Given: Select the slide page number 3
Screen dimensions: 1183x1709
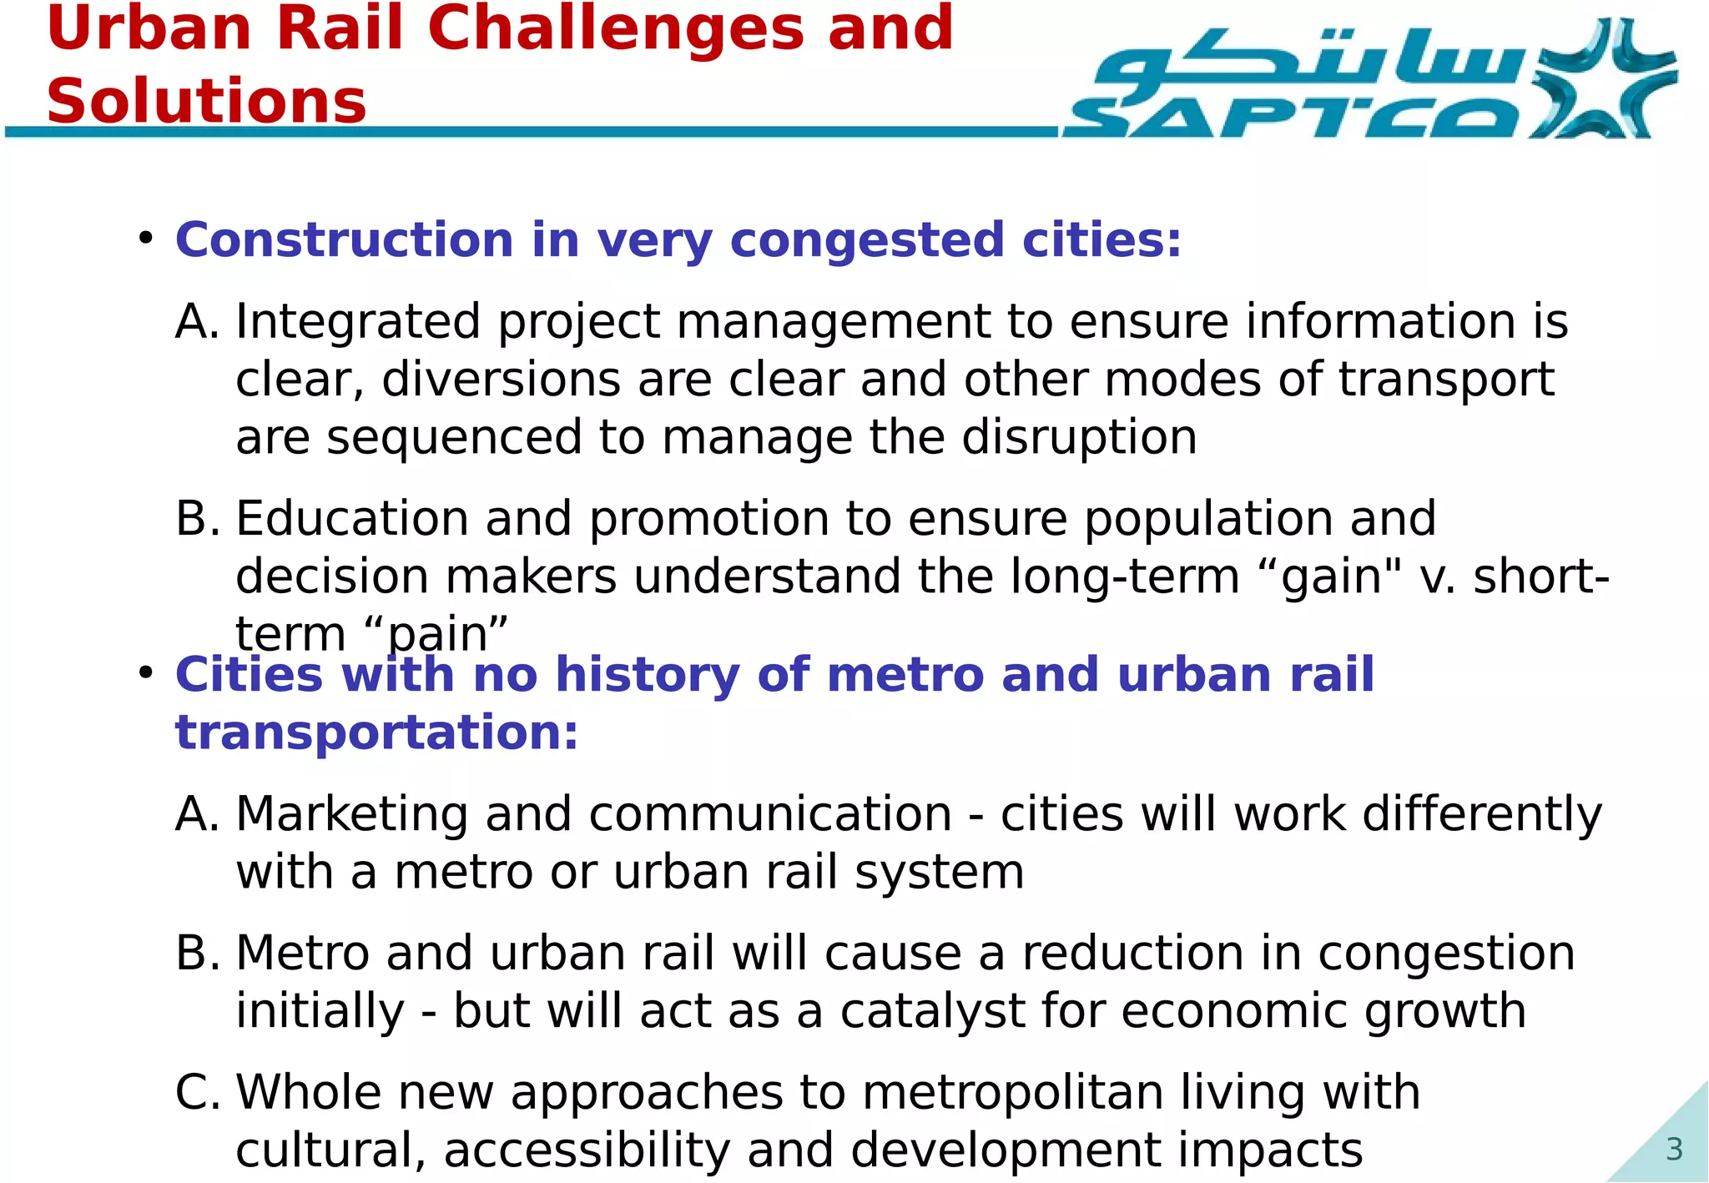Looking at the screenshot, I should [1674, 1150].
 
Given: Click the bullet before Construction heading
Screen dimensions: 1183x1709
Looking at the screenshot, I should [146, 239].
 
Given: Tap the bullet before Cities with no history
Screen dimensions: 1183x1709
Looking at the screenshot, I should [146, 672].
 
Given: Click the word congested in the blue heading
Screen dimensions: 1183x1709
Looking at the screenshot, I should [867, 240].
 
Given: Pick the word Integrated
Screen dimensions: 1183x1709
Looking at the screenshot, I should [358, 322].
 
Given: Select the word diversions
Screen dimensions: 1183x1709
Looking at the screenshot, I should [501, 380].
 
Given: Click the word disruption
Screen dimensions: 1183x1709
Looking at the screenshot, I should [1079, 437].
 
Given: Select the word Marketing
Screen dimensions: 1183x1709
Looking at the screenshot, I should [351, 814].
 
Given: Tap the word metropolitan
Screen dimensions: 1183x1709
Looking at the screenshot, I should [1012, 1092].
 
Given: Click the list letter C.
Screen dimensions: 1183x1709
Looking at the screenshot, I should [197, 1092].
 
